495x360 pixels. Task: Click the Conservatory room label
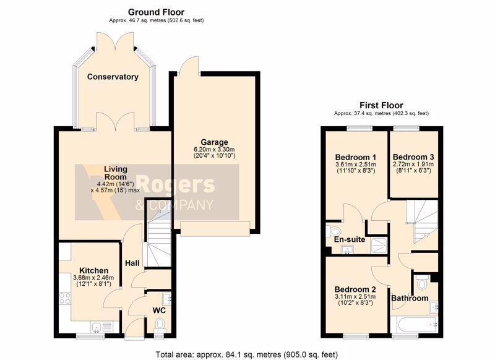click(113, 77)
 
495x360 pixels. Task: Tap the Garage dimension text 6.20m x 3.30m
click(214, 149)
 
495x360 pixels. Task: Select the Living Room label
click(116, 173)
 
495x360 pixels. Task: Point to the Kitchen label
click(94, 270)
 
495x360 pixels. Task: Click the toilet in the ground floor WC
click(160, 324)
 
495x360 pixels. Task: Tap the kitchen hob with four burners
click(65, 299)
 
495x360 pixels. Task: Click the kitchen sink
click(101, 327)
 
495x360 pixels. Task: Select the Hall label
click(132, 263)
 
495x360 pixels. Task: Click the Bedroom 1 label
click(355, 157)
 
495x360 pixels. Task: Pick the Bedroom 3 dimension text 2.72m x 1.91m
click(413, 165)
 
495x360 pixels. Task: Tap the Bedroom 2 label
click(355, 289)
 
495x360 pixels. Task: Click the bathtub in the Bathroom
click(414, 324)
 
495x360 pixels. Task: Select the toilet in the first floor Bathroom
click(421, 282)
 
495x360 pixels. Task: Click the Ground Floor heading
click(156, 12)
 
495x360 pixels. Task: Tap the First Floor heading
click(381, 105)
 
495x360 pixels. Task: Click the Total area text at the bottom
click(247, 354)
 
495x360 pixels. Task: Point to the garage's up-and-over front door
click(215, 229)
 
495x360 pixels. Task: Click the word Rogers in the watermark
click(176, 184)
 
